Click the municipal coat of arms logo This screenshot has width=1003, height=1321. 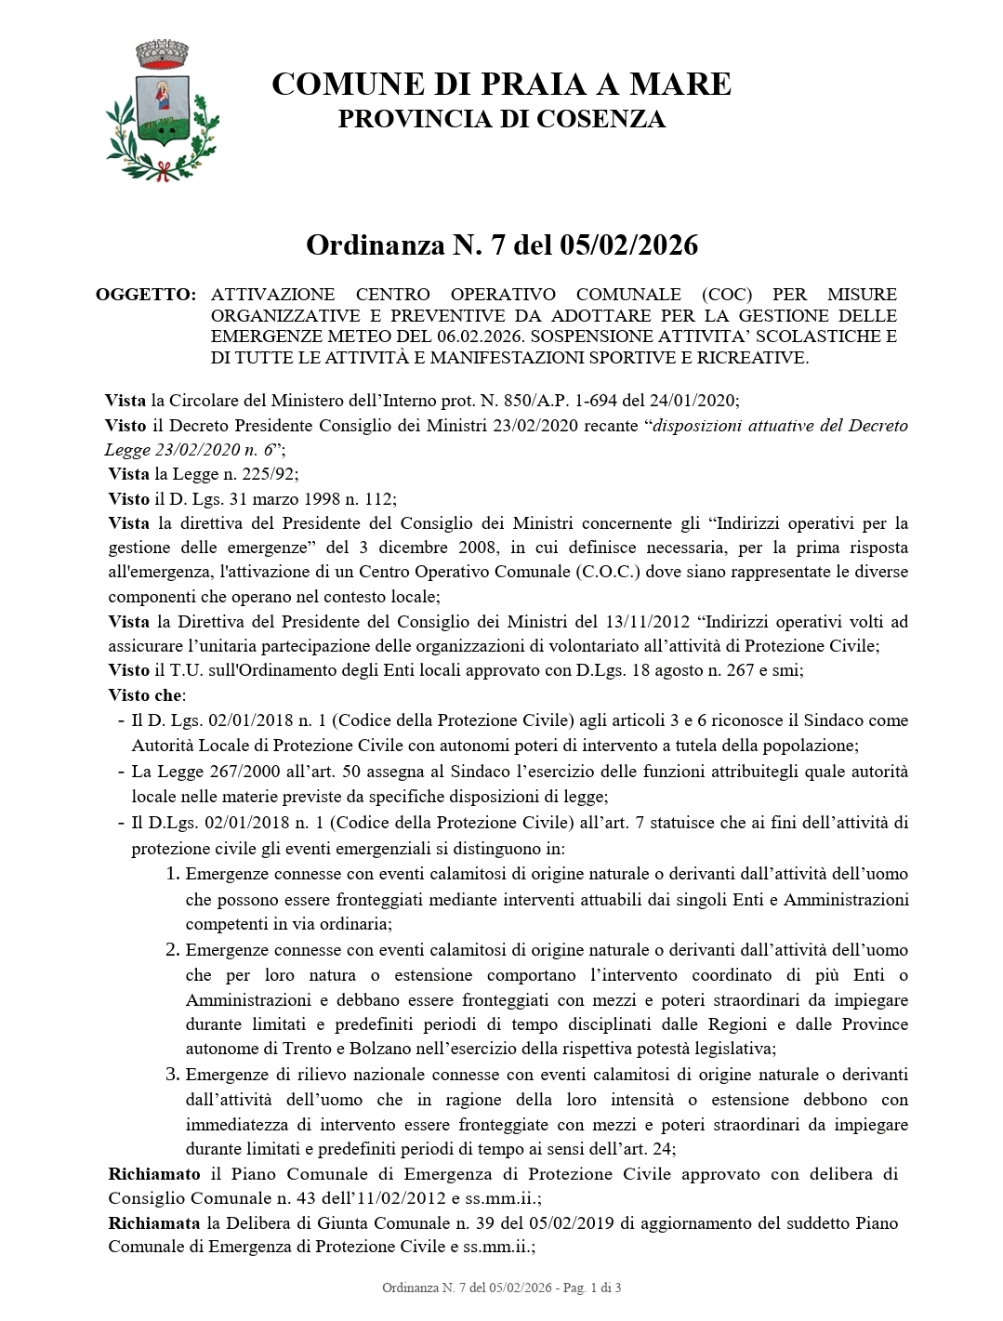tap(163, 110)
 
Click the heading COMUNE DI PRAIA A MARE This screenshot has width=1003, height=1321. tap(501, 85)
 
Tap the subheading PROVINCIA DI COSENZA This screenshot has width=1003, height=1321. tap(501, 119)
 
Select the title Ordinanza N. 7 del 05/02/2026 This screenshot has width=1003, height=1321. tap(501, 245)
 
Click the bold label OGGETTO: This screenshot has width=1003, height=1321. tap(146, 295)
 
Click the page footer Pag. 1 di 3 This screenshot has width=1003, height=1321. tap(589, 1288)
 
